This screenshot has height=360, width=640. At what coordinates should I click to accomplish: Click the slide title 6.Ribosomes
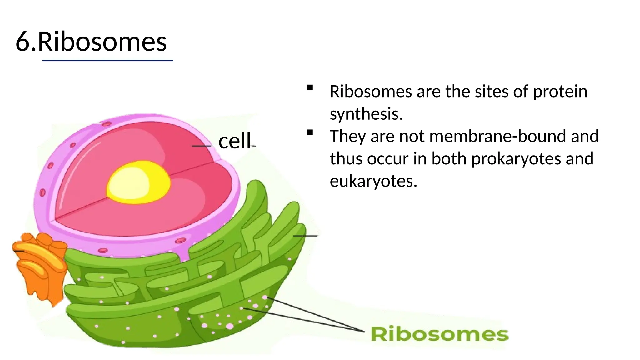(x=91, y=42)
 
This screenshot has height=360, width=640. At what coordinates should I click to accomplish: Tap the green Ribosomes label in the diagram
(x=439, y=334)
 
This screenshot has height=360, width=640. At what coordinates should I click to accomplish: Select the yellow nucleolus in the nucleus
(x=138, y=182)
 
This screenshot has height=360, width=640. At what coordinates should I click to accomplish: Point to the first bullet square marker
(x=310, y=88)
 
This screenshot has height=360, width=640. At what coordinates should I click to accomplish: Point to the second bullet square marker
(x=310, y=132)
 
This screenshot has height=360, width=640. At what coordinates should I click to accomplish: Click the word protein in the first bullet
(x=560, y=92)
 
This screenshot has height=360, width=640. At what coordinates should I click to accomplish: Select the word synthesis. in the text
(x=366, y=114)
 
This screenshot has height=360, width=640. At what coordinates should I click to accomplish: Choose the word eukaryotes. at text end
(x=373, y=181)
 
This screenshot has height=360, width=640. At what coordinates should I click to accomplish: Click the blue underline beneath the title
(x=107, y=60)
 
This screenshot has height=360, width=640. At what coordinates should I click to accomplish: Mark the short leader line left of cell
(x=201, y=146)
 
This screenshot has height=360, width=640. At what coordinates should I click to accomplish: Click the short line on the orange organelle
(x=19, y=251)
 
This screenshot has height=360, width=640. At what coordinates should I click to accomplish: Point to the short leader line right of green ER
(x=305, y=236)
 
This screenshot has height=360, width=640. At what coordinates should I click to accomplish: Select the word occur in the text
(x=388, y=159)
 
